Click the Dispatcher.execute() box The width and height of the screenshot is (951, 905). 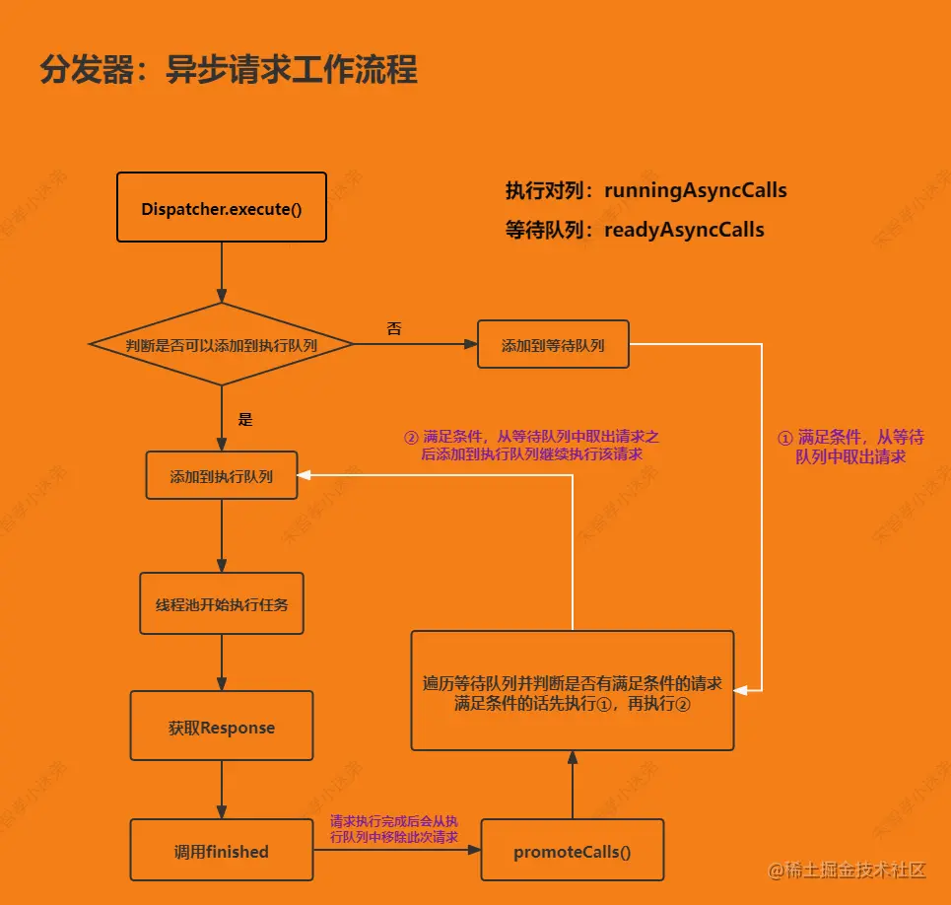point(221,208)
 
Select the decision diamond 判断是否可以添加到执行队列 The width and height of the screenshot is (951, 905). point(222,344)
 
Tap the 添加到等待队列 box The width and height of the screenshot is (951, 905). point(553,345)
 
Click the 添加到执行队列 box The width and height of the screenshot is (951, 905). point(222,476)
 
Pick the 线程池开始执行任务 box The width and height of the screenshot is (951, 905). point(222,603)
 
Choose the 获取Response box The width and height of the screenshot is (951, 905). point(222,728)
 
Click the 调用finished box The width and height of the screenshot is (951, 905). point(222,851)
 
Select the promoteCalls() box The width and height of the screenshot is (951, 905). point(573,851)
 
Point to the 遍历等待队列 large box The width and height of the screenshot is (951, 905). point(573,691)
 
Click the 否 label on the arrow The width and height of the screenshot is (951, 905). point(394,329)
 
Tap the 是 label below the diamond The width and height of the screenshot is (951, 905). point(245,419)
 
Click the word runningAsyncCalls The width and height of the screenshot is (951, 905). point(696,190)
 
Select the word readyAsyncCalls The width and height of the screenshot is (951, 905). point(684,230)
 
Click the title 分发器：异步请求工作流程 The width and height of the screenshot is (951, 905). point(229,70)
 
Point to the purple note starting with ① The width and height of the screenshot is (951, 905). point(850,447)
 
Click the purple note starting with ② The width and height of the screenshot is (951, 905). point(532,446)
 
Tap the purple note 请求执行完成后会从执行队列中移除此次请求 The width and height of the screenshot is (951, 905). point(394,829)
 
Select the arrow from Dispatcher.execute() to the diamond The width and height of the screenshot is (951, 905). point(222,271)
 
